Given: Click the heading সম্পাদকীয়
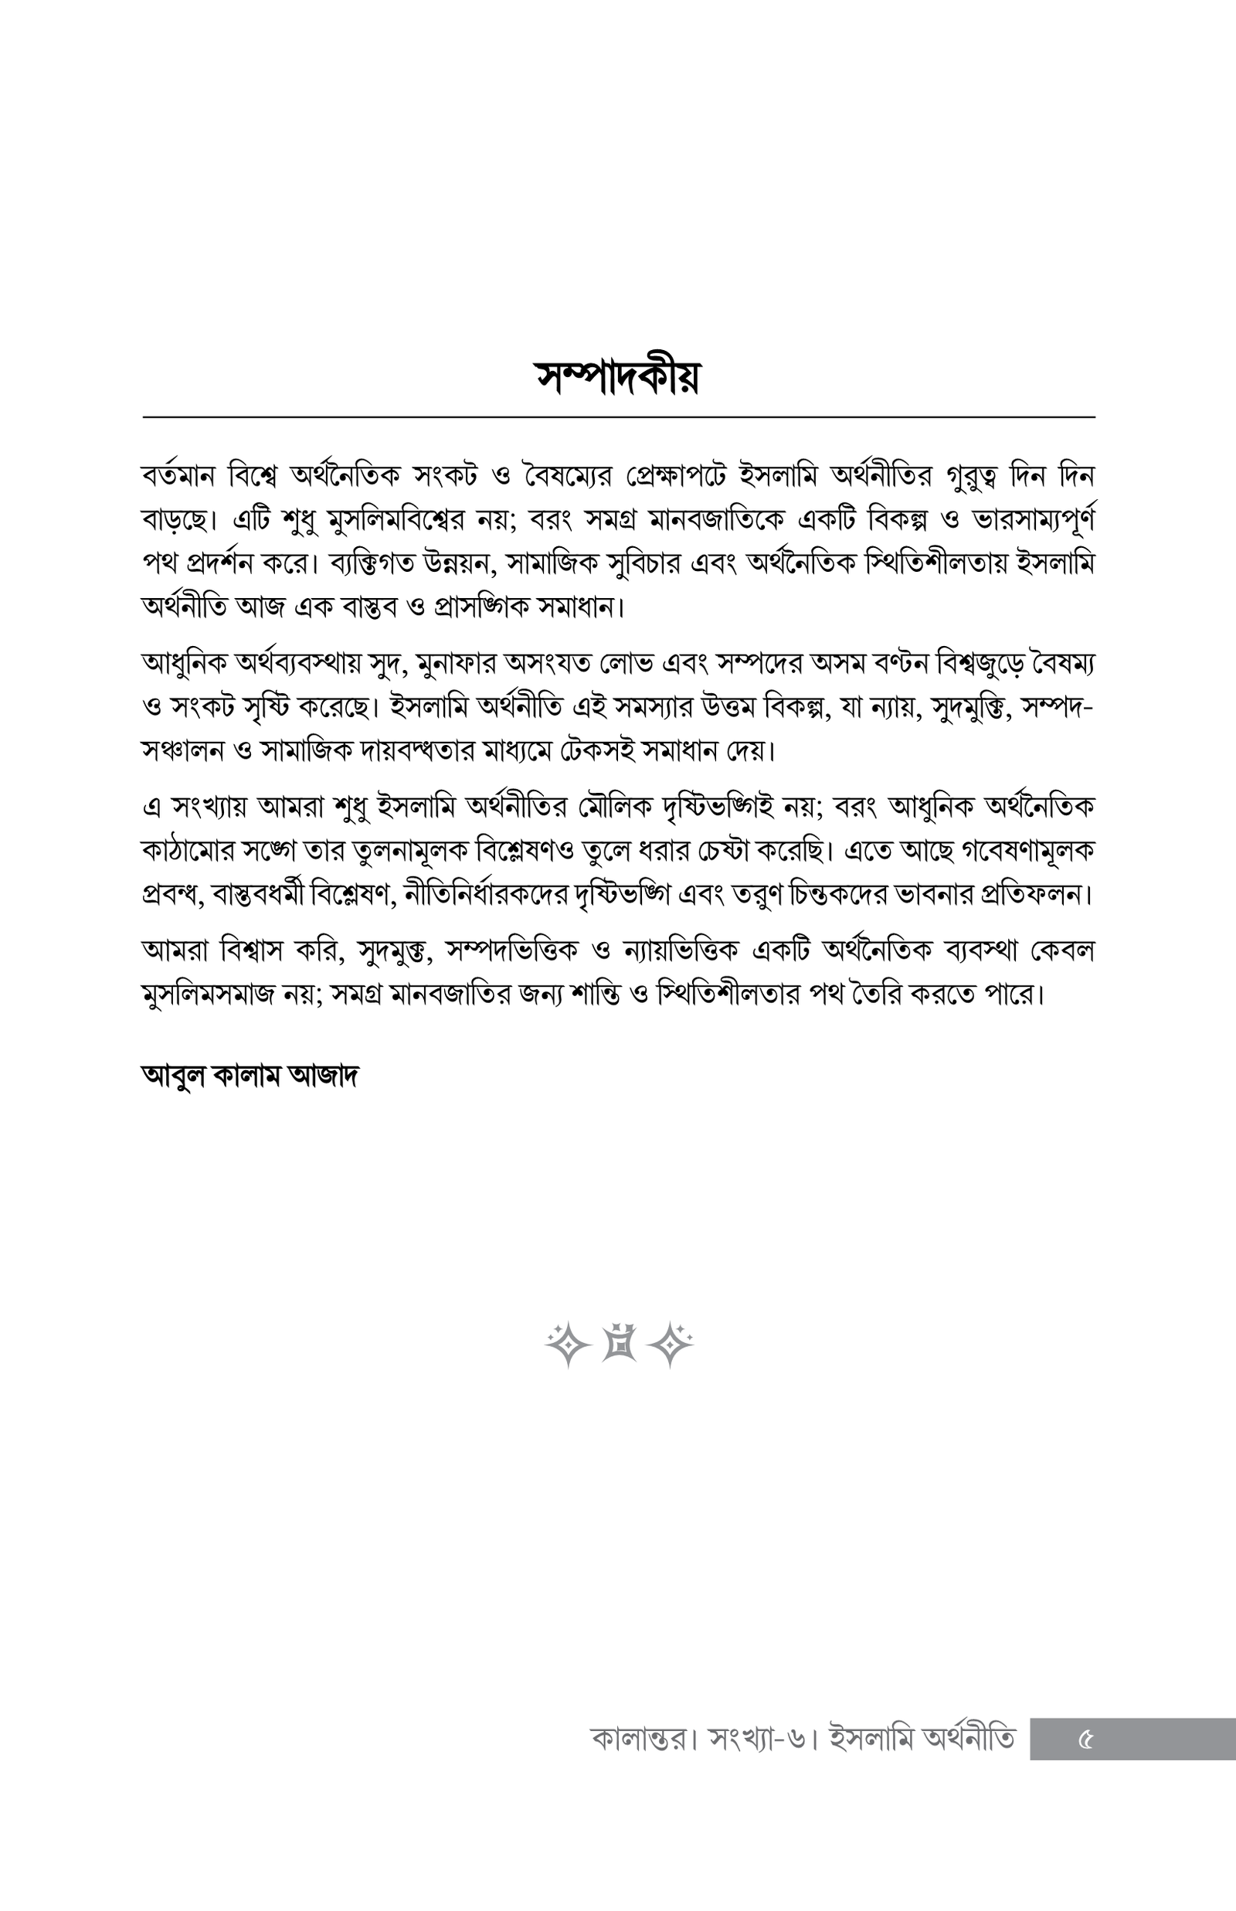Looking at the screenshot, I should point(617,376).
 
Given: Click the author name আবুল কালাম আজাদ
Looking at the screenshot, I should point(250,1076).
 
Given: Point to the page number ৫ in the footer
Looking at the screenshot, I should point(1085,1740).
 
